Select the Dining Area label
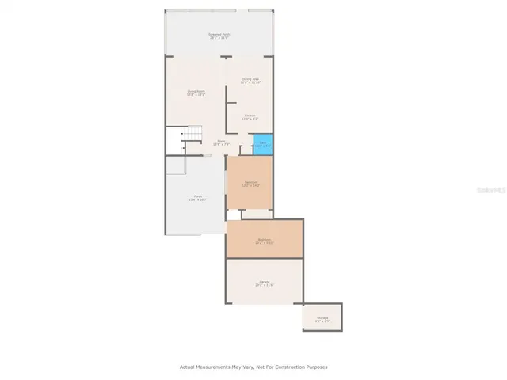pos(251,79)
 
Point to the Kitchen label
pos(250,116)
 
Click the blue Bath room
pos(262,146)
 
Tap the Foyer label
pos(221,142)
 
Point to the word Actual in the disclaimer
pos(189,367)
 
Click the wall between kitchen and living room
pos(227,107)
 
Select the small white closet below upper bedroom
pos(256,215)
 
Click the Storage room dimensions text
pos(322,322)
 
